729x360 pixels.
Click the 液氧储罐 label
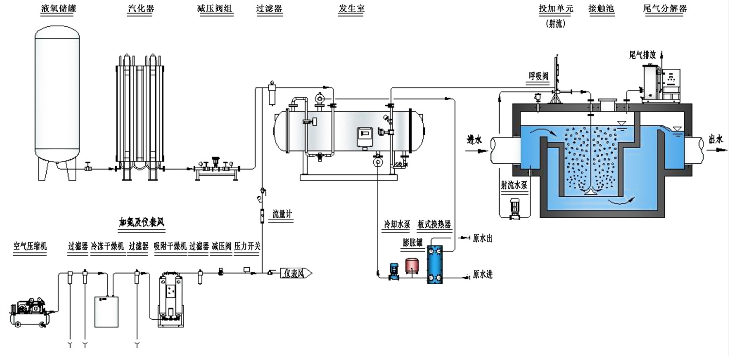[59, 8]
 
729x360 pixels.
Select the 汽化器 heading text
[140, 8]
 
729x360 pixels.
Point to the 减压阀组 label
[215, 8]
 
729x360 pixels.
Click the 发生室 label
[351, 8]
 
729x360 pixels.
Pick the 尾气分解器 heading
[665, 8]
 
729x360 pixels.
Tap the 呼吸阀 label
[538, 76]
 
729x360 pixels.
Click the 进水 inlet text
[474, 140]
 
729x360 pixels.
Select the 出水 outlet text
[716, 139]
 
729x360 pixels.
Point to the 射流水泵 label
[514, 186]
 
